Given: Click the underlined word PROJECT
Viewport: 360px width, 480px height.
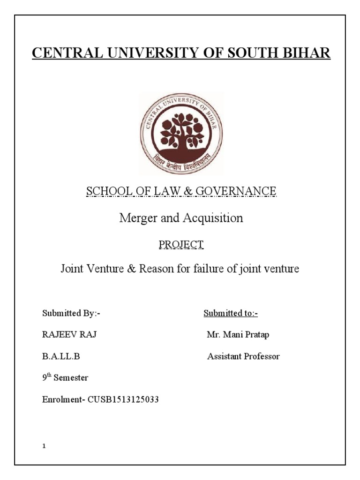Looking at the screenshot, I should [180, 244].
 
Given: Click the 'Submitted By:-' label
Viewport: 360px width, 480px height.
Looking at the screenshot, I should [71, 314].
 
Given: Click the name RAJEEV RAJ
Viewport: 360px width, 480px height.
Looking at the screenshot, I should [70, 335].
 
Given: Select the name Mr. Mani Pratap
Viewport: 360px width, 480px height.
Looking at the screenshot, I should [238, 335].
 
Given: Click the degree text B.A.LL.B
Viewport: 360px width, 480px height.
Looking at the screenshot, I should [61, 356].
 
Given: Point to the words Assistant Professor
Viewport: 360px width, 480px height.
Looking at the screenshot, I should [243, 356].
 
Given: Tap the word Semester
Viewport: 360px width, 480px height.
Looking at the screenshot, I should [71, 378].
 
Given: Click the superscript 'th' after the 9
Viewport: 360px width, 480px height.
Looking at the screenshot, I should [49, 375].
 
